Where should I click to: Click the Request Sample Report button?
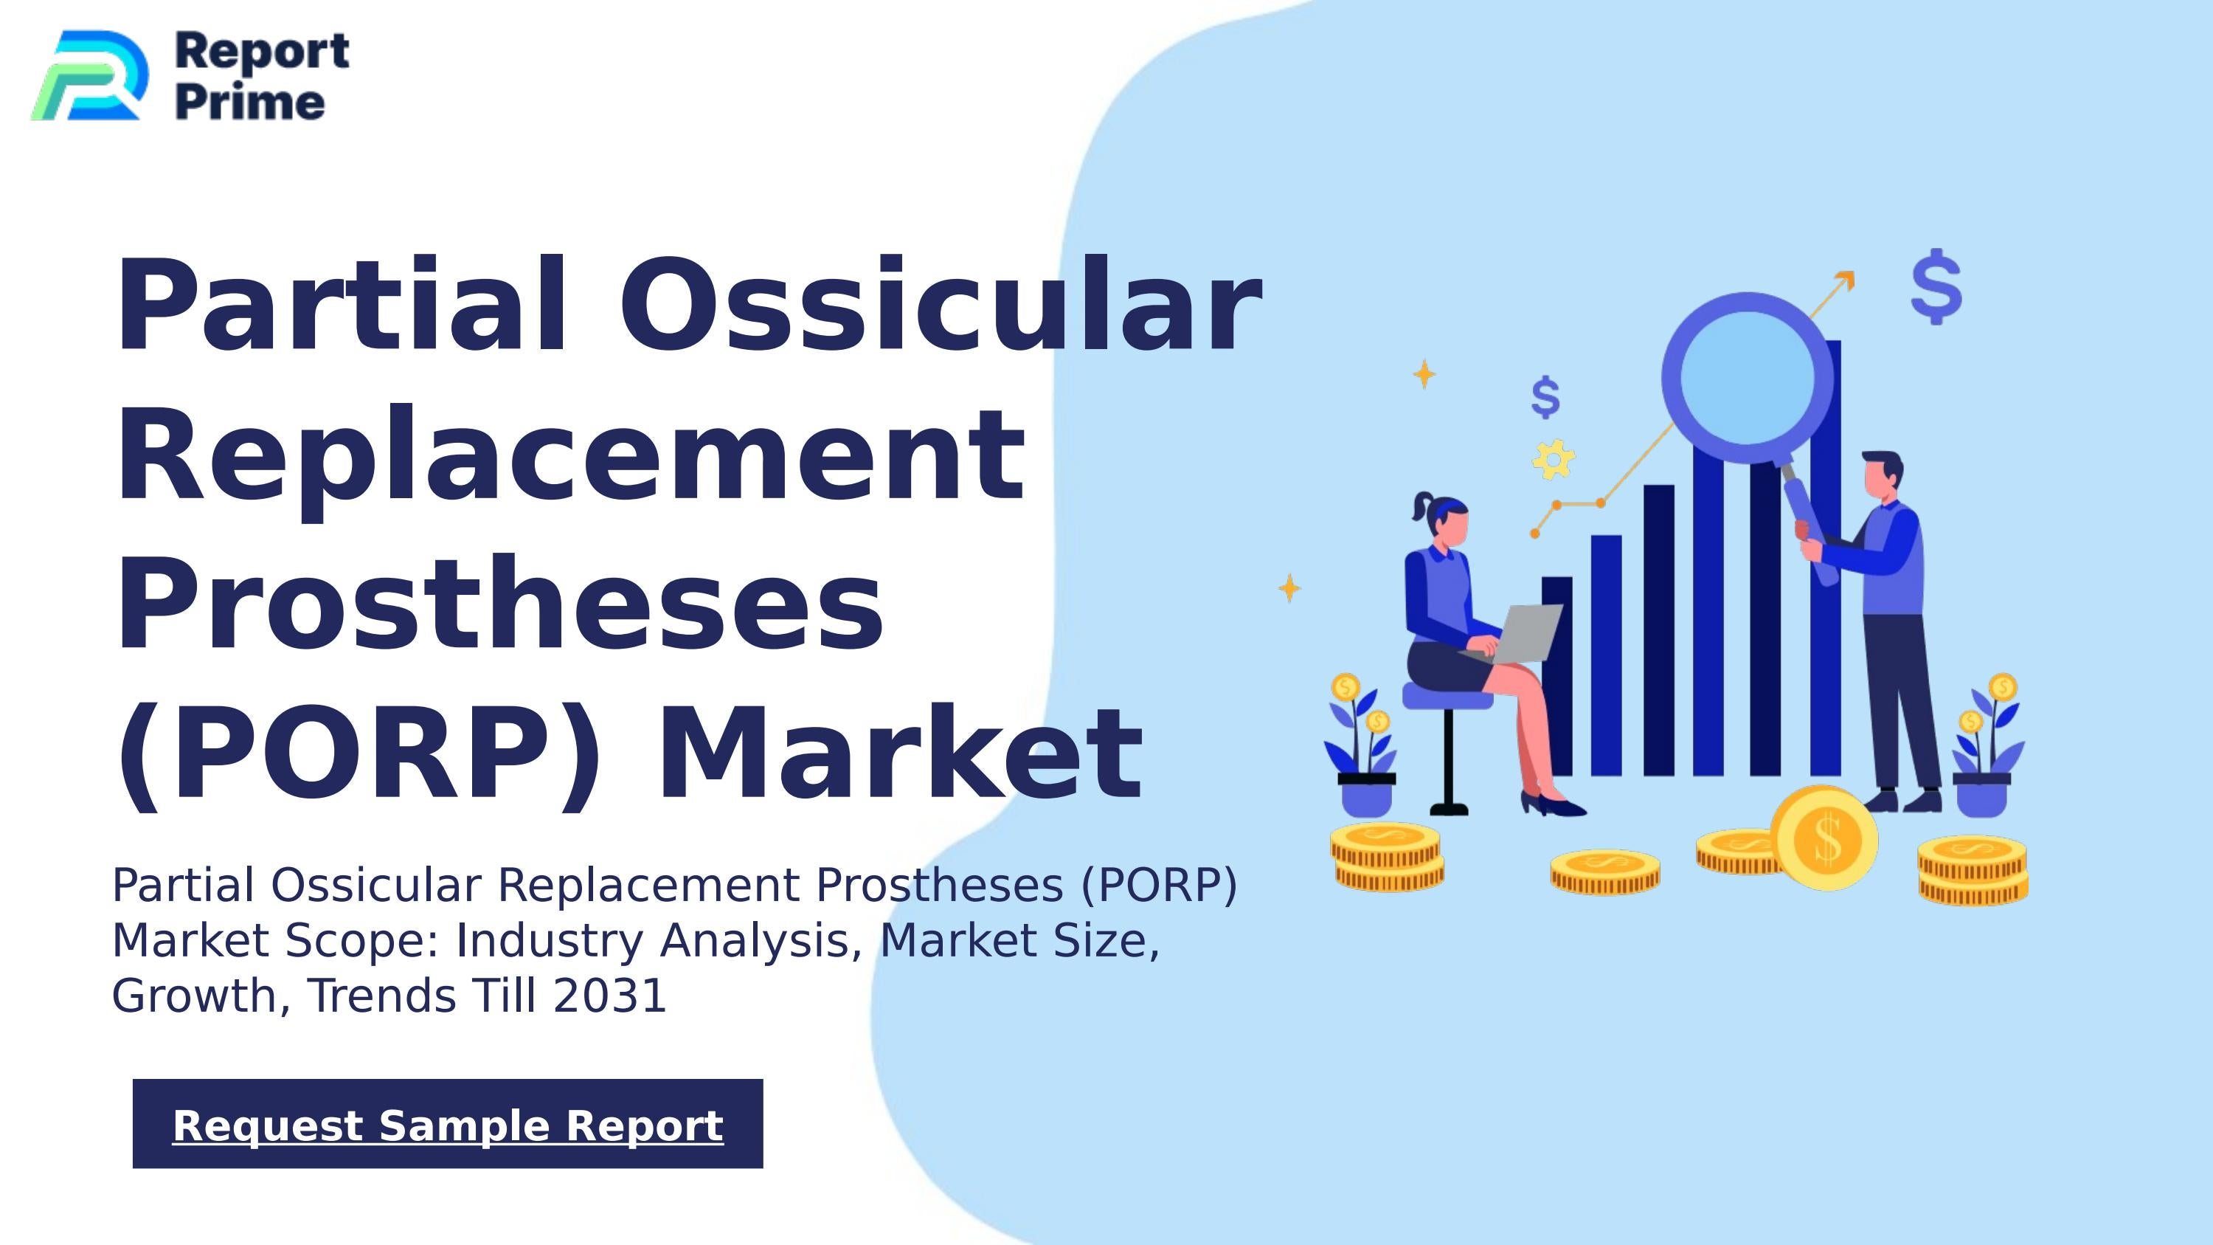(x=448, y=1124)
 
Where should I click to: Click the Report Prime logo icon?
(x=89, y=75)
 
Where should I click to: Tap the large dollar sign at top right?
(x=1936, y=286)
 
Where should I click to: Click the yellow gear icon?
(x=1554, y=459)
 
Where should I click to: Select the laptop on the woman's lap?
(x=1523, y=632)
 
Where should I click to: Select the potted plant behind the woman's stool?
(x=1363, y=748)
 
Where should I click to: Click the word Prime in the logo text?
(x=250, y=103)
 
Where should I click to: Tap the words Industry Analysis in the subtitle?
(x=658, y=941)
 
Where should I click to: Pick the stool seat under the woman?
(x=1447, y=697)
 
